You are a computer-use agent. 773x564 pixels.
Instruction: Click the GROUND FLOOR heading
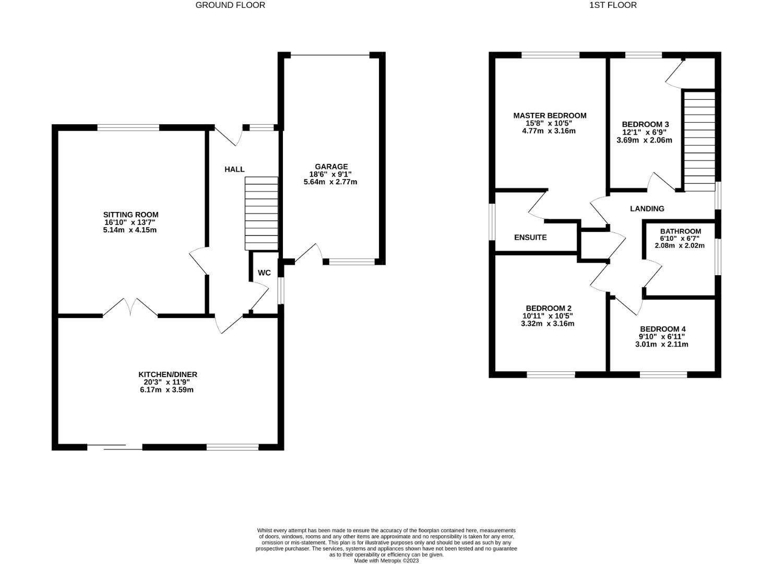pos(230,5)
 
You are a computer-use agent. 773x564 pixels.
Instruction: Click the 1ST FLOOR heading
pos(613,5)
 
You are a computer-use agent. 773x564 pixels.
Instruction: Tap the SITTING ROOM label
pos(130,215)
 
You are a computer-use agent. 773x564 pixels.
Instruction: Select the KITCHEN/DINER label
pos(168,374)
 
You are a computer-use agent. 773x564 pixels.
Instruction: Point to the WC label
pos(265,273)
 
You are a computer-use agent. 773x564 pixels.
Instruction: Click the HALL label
pos(234,169)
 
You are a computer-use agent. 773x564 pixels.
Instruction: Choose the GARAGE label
pos(331,167)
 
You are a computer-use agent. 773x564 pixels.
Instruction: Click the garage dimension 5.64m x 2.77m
pos(330,182)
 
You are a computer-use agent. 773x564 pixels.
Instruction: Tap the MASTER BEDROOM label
pos(550,115)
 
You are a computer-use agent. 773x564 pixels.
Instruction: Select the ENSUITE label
pos(530,237)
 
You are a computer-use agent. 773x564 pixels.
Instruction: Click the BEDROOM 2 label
pos(545,308)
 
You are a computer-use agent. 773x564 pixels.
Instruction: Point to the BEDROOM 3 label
pos(645,124)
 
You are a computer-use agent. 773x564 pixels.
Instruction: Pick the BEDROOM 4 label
pos(662,329)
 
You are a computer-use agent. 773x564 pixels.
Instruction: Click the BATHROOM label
pos(680,231)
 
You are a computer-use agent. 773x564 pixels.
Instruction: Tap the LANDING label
pos(647,208)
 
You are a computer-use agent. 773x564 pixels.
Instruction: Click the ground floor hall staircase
pos(261,214)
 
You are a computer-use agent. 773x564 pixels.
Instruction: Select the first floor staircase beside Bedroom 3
pos(699,141)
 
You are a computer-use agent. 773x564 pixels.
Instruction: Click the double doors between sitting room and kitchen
pos(130,308)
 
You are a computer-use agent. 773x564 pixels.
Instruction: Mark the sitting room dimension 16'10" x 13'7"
pos(130,222)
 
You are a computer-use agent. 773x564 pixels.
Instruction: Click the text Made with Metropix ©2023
pos(386,561)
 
